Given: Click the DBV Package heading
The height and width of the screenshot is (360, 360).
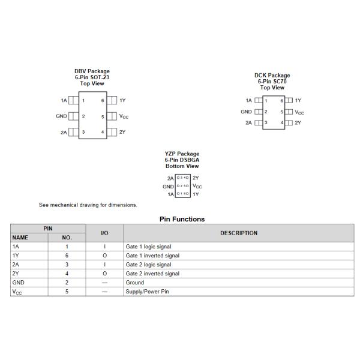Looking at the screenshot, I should coord(92,71).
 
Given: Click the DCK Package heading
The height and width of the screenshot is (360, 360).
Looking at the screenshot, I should coord(272,76).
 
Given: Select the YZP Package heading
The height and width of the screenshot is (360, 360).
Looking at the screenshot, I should coord(182,154).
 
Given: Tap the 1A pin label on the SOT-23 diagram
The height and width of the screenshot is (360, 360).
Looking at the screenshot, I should coord(64,100).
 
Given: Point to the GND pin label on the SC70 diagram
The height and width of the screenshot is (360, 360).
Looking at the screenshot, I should coord(246,112).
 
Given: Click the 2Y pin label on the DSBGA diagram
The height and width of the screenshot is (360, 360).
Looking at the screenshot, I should coord(196,178).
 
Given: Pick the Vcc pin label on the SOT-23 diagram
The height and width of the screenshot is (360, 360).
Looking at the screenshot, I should coord(124,116).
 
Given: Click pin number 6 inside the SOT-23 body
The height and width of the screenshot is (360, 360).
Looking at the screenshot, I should coord(103,100).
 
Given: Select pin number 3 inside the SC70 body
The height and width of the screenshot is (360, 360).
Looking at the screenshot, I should coord(266,122).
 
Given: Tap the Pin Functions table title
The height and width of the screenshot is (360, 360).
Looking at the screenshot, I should coord(182,219).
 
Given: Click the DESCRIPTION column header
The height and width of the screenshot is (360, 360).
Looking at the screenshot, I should coord(239,233).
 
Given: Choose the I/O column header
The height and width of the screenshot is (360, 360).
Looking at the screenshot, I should coord(104,233).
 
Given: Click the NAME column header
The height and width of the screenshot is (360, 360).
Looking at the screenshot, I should coord(20,238).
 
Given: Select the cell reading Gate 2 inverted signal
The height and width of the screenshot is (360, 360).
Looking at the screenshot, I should coord(152,274).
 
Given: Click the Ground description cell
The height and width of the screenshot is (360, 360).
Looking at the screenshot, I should coord(135,283).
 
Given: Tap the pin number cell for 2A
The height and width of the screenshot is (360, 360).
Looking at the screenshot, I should coord(67,265).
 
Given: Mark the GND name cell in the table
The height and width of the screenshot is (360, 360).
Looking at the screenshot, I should coord(19,283).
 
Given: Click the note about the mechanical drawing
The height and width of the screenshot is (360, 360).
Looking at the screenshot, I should coord(88,205).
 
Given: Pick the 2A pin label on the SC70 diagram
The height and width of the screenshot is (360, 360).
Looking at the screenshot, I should coord(248,122).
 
